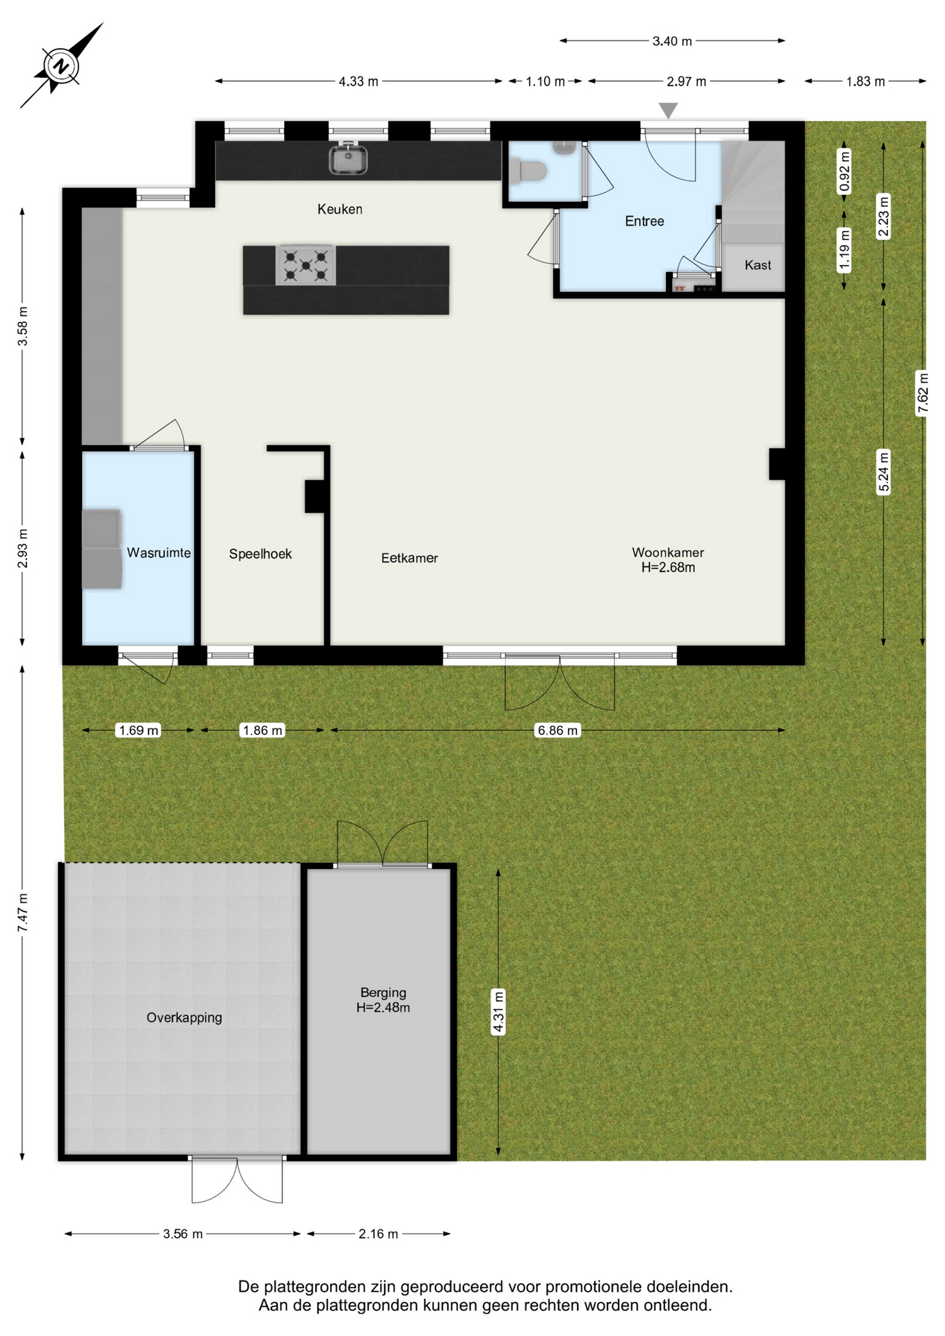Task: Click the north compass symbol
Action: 61,66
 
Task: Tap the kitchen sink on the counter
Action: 348,159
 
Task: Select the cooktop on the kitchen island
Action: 305,265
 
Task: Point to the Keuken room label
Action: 340,209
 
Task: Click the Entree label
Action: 644,221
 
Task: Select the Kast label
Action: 758,265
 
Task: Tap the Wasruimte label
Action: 159,553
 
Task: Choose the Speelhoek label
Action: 260,554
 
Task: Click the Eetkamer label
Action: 409,558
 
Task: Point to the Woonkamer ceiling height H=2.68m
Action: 668,568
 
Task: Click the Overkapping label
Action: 184,1018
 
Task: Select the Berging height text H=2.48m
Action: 383,1008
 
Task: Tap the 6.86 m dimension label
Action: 557,731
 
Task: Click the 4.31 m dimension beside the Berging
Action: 498,1012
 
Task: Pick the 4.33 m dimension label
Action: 358,81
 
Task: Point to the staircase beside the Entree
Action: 753,192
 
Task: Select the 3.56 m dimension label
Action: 183,1234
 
